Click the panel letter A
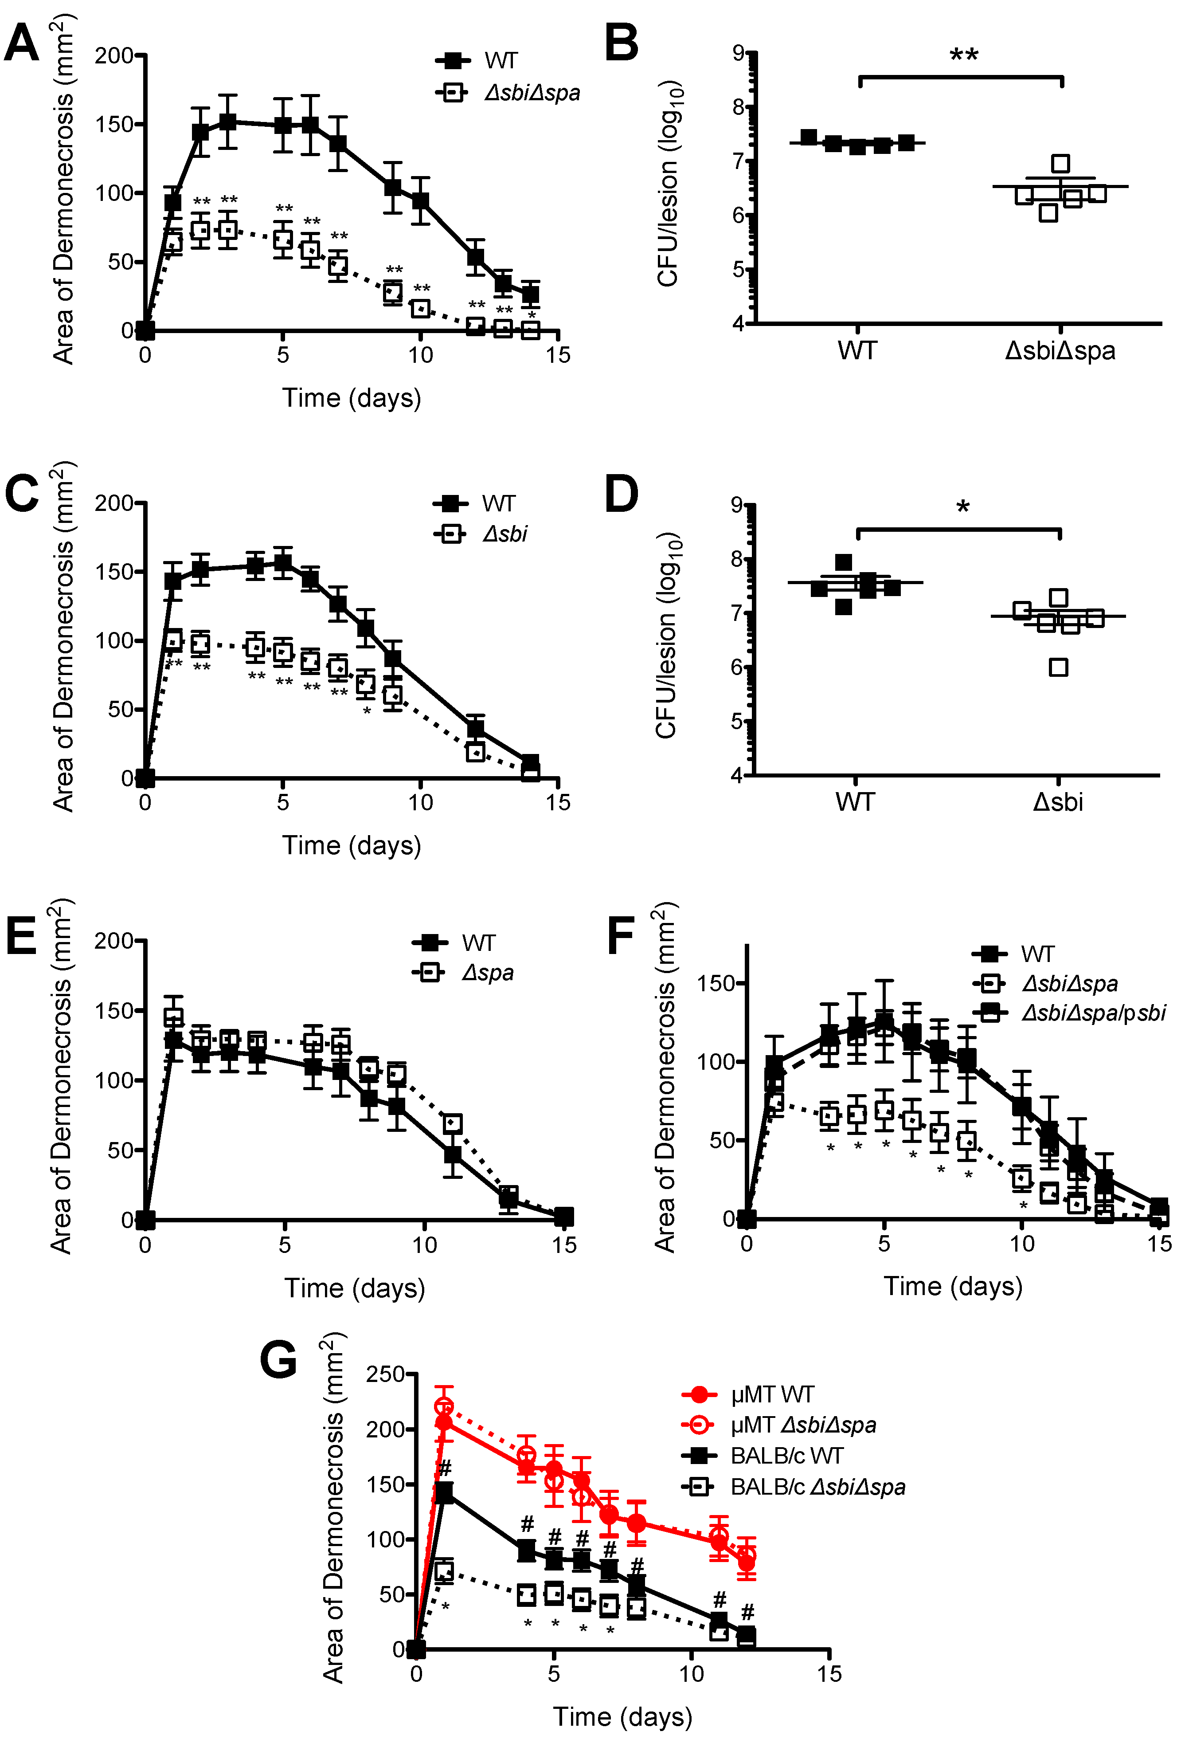21,43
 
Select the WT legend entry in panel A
501,60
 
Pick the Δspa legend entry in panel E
488,973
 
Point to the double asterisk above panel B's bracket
963,55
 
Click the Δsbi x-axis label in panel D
1057,802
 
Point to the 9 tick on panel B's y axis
739,53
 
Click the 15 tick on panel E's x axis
563,1245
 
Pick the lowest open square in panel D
1058,667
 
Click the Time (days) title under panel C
352,846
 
